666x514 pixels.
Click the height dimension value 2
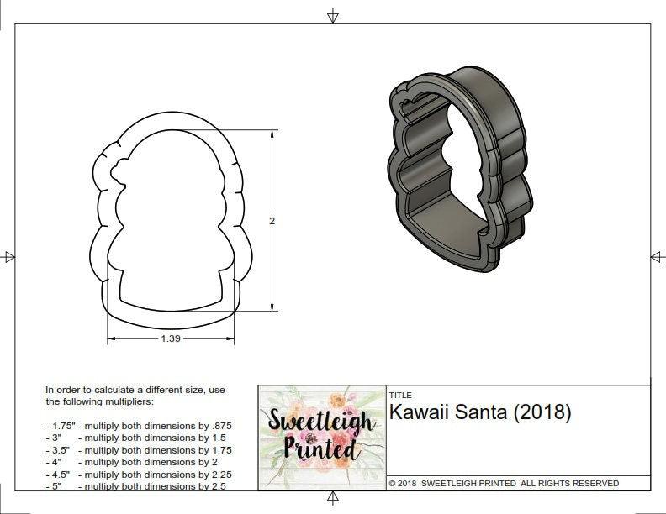[272, 221]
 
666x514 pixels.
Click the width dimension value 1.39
[172, 338]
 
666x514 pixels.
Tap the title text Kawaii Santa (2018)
[480, 412]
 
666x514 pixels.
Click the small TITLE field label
[400, 395]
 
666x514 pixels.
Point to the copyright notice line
[504, 484]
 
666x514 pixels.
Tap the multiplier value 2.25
[216, 474]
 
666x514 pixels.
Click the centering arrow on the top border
[333, 15]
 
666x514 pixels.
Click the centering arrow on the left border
[9, 257]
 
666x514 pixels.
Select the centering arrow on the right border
[657, 257]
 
